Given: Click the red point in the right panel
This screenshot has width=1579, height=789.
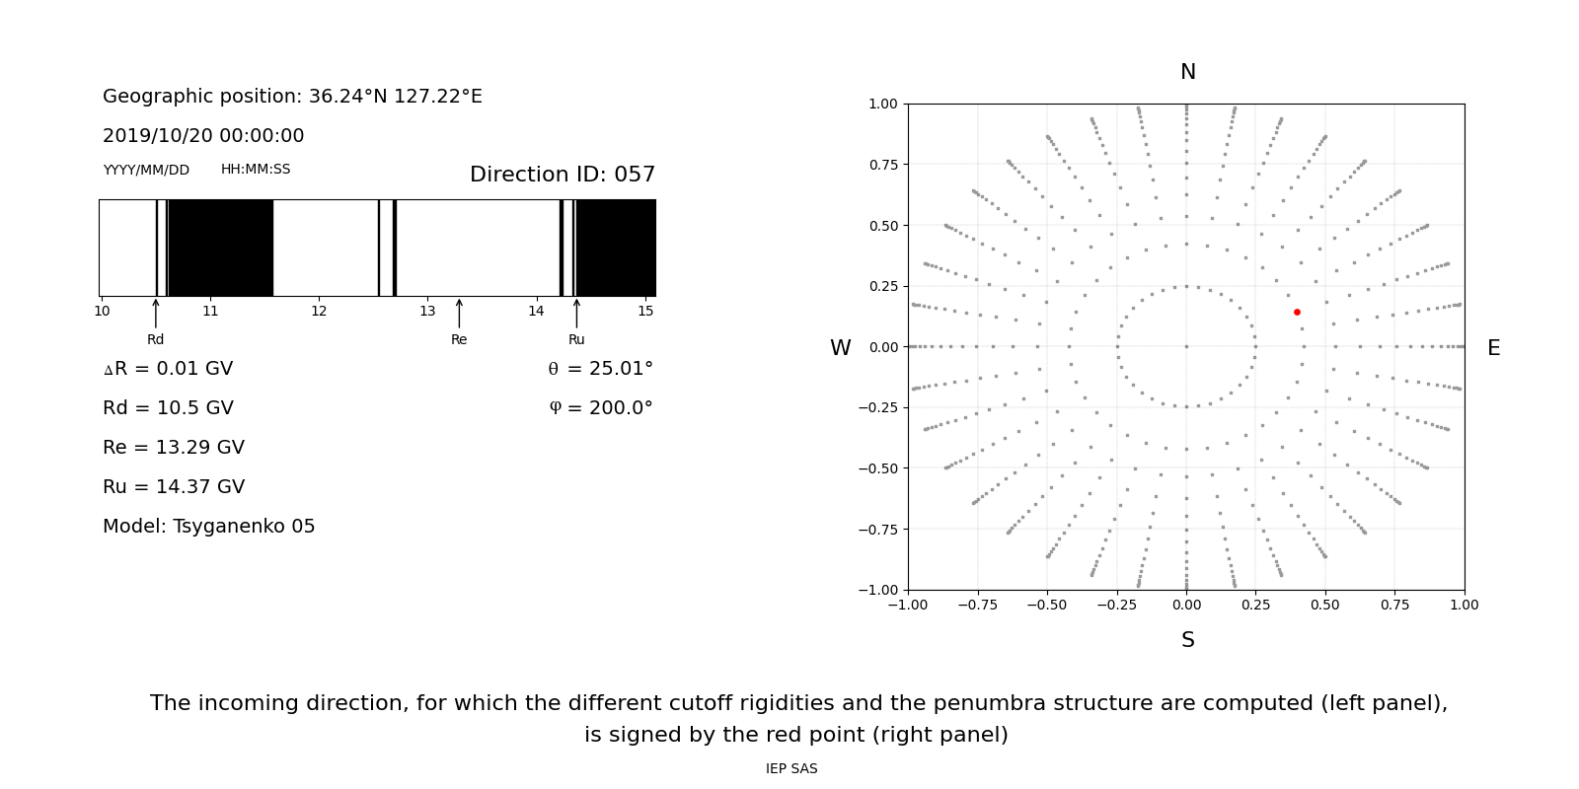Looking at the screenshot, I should tap(1297, 312).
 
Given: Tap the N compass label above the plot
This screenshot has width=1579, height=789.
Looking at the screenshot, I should tap(1188, 72).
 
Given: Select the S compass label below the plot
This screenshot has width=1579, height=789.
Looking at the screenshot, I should tap(1188, 640).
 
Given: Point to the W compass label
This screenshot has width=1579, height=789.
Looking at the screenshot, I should tap(840, 348).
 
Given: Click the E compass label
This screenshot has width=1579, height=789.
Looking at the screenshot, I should tap(1493, 348).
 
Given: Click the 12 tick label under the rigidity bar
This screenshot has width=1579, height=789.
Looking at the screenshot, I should tap(319, 311).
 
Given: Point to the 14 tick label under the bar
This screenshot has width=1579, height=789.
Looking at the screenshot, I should tap(536, 311).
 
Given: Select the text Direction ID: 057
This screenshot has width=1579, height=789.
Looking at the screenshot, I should tap(563, 175).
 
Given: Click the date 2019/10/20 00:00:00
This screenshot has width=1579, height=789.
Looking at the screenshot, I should tap(203, 136).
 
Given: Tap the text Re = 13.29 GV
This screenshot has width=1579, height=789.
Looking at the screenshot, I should tap(174, 448).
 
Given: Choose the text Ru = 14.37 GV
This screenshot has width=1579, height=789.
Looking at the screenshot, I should tap(174, 487).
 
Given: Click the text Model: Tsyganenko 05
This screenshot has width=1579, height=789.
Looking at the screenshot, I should tap(209, 527).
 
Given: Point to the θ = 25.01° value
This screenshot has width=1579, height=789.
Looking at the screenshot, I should tap(600, 369).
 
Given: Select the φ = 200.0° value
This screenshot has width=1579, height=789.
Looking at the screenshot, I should tap(600, 408).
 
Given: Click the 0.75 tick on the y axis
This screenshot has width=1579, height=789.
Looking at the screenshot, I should tap(883, 165).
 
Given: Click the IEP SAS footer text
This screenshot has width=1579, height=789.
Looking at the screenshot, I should tap(791, 769).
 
